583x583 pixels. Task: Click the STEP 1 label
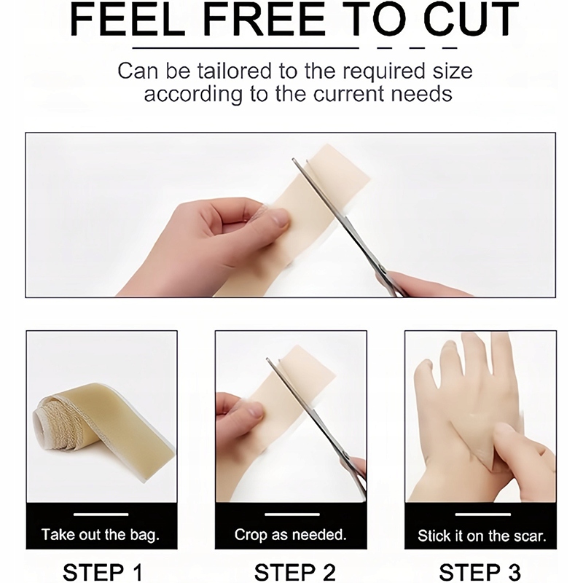pyautogui.click(x=102, y=572)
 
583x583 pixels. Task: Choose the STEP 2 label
pyautogui.click(x=295, y=572)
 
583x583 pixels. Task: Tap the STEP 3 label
pyautogui.click(x=480, y=572)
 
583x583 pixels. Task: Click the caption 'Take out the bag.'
pyautogui.click(x=101, y=535)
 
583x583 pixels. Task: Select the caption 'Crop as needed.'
pyautogui.click(x=290, y=535)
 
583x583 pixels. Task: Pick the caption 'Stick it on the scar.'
pyautogui.click(x=482, y=536)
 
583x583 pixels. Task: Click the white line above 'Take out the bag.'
pyautogui.click(x=101, y=514)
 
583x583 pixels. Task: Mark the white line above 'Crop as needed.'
pyautogui.click(x=292, y=514)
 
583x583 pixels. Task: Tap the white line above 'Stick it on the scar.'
pyautogui.click(x=482, y=514)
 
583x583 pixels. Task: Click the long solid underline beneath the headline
pyautogui.click(x=246, y=48)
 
